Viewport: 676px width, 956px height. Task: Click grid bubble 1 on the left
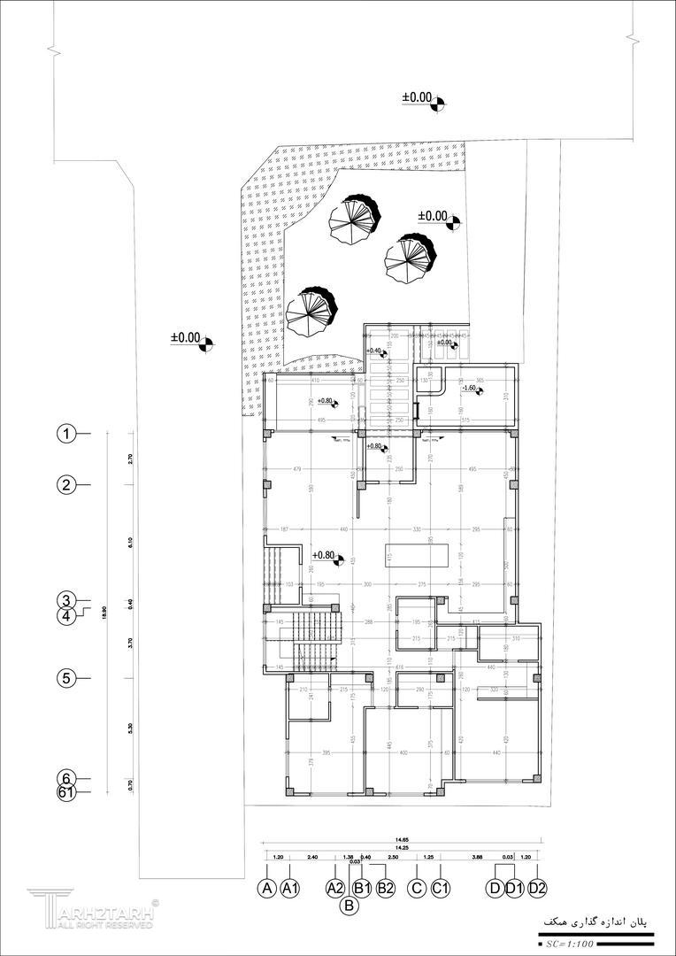coord(65,434)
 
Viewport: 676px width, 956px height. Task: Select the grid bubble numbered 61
coord(65,792)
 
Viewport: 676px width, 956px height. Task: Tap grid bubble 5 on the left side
coord(65,679)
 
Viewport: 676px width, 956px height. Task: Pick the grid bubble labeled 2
coord(65,484)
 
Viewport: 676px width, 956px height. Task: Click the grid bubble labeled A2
coord(334,888)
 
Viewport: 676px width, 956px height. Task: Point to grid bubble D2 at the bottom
coord(537,888)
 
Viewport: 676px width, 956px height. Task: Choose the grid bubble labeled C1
coord(442,888)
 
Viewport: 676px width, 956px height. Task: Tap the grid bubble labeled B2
coord(385,888)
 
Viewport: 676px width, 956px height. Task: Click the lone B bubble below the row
coord(350,905)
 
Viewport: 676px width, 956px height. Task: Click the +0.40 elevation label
coord(374,351)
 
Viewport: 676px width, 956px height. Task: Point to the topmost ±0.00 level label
coord(418,97)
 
